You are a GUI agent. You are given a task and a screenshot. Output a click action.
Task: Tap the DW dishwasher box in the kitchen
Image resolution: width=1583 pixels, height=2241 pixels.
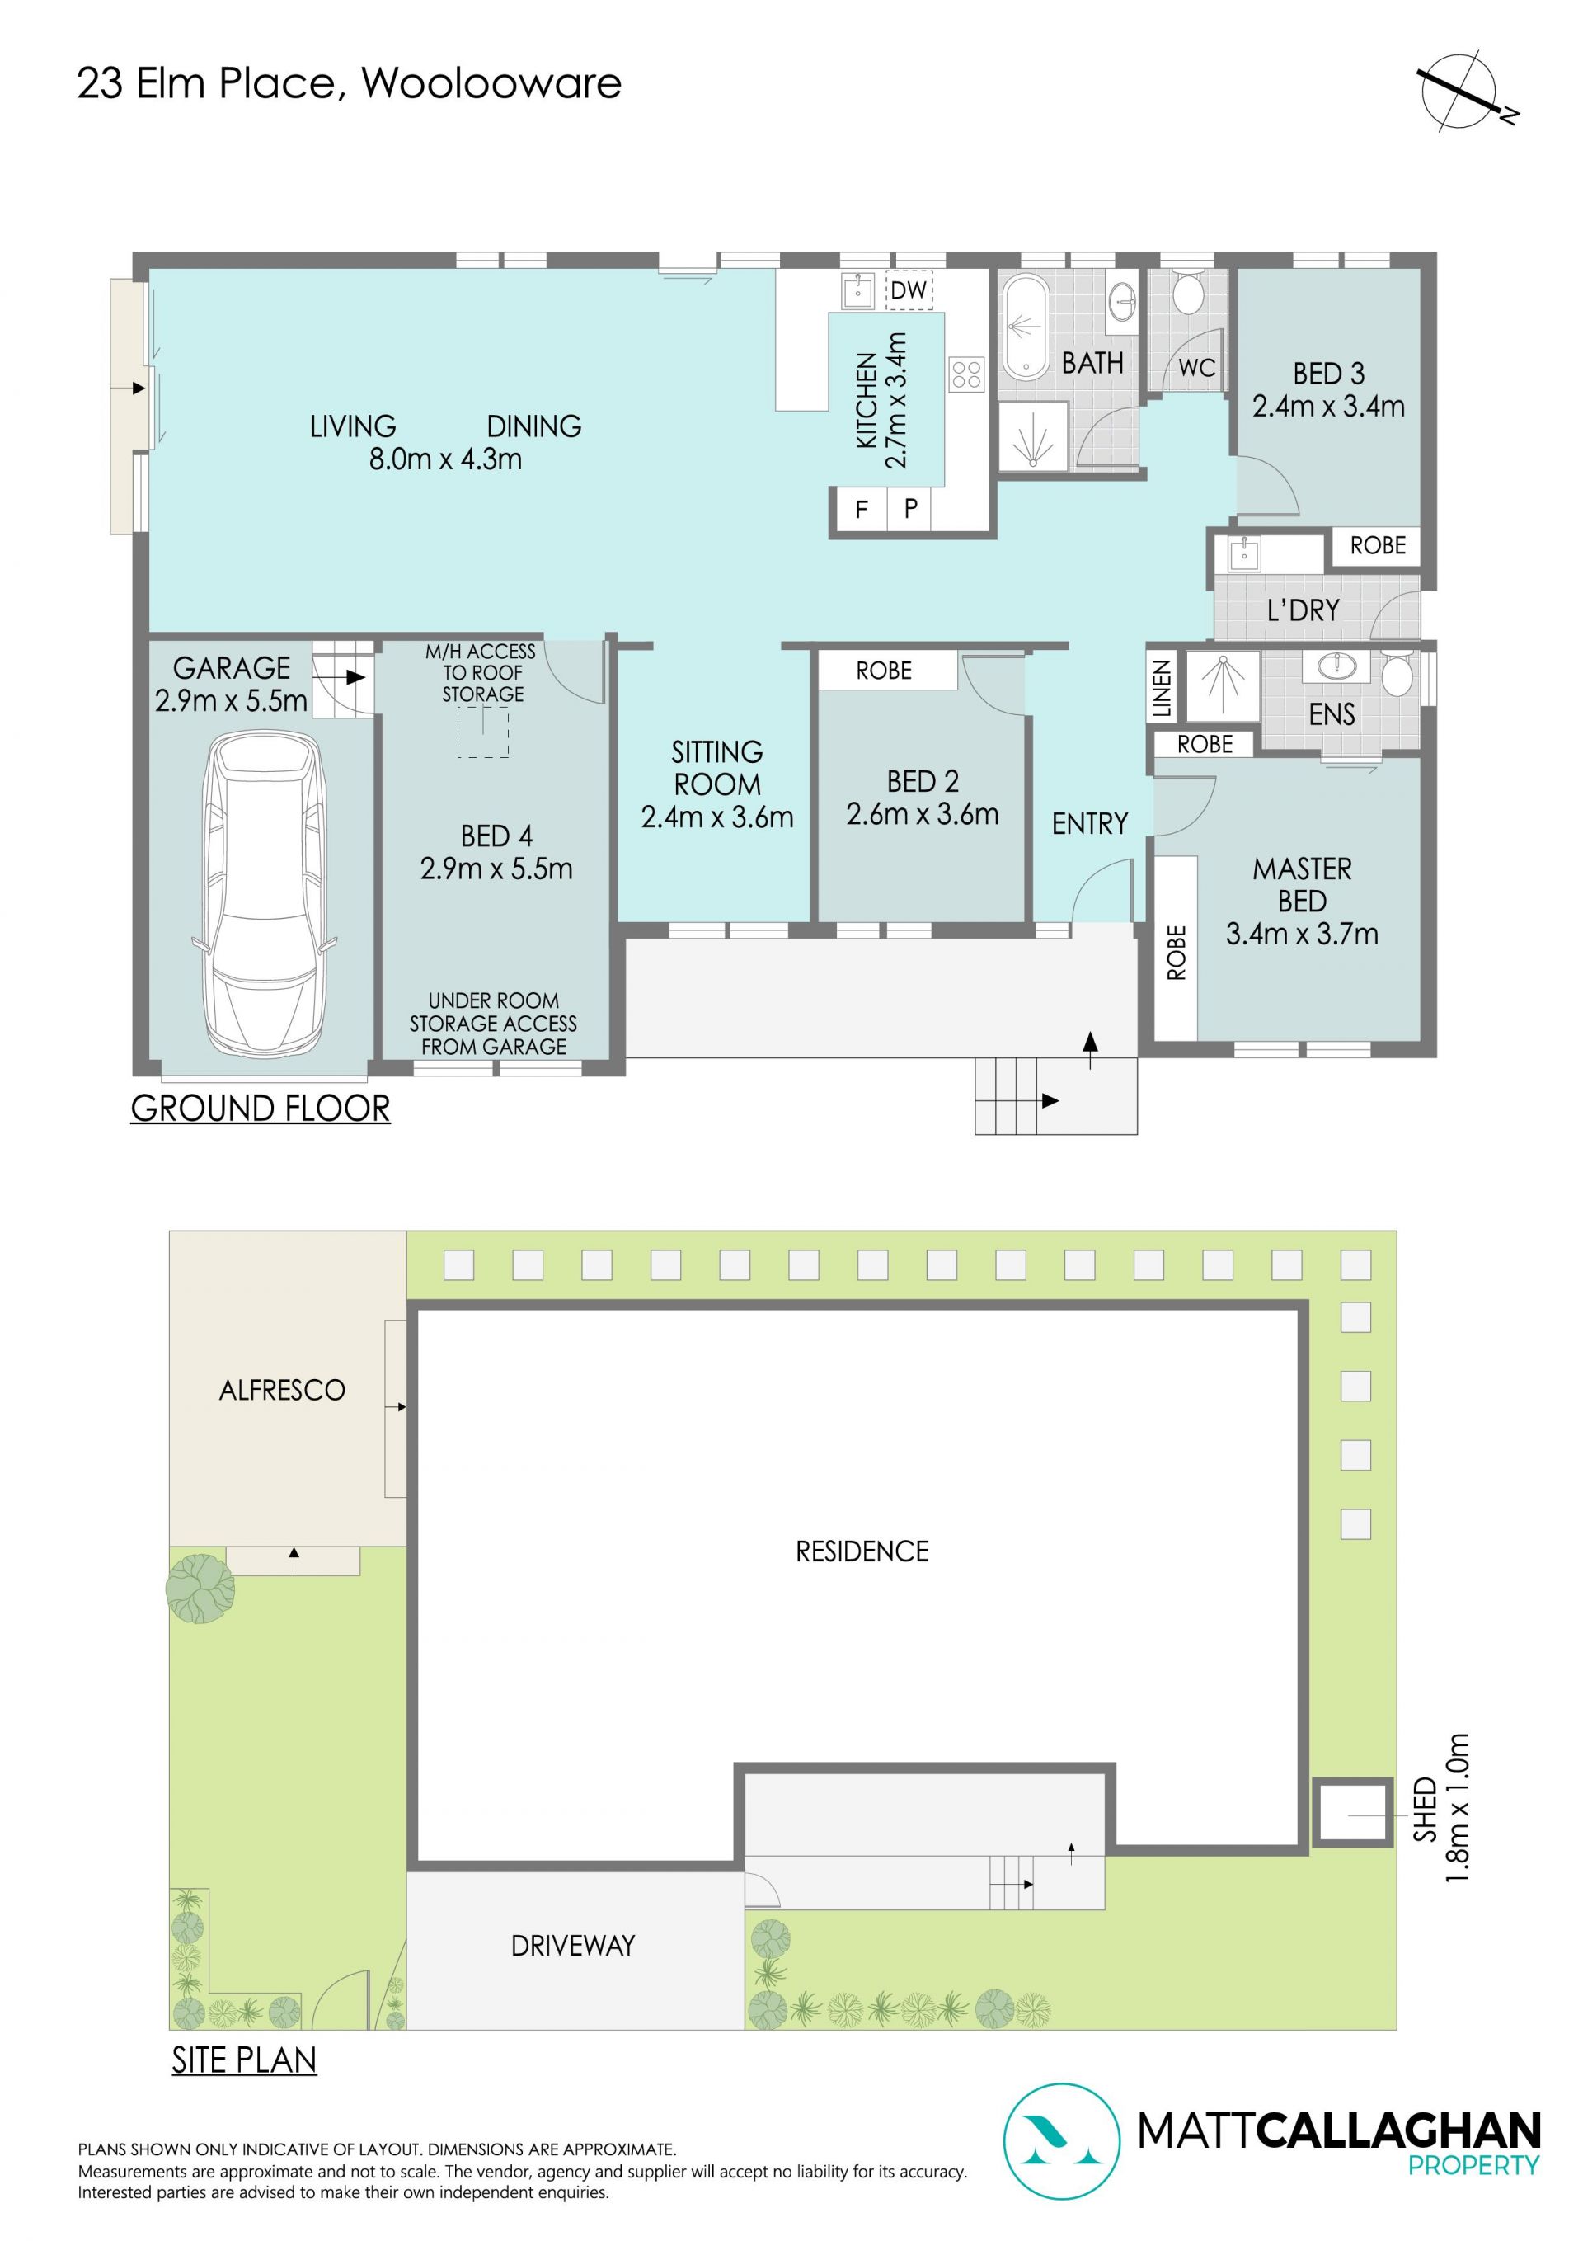tap(909, 290)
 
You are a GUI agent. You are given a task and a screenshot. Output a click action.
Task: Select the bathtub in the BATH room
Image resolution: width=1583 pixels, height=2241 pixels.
tap(1026, 328)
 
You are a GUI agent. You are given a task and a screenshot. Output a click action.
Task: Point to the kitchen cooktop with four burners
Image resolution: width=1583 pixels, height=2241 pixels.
tap(966, 374)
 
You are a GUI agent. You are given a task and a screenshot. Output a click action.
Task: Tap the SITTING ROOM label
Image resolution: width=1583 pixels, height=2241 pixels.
tap(717, 768)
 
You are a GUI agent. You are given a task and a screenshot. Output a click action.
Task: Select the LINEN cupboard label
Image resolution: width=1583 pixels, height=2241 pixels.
tap(1162, 688)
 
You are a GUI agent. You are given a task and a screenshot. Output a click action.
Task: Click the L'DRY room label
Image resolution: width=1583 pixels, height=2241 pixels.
tap(1303, 611)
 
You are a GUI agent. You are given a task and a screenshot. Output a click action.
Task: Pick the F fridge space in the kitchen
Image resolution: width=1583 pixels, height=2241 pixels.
tap(861, 509)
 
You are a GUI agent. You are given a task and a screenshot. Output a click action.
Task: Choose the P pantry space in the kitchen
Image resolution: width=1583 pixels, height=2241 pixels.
tap(910, 509)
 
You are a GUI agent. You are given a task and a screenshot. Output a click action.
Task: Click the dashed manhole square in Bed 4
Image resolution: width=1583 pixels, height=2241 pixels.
tap(483, 732)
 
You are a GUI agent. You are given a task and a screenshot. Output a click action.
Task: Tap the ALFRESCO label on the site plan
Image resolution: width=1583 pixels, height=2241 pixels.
tap(282, 1390)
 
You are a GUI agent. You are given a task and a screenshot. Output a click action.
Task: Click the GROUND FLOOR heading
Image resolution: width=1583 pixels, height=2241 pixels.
tap(261, 1109)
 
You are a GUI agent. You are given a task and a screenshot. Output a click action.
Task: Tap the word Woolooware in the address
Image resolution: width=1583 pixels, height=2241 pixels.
tap(492, 84)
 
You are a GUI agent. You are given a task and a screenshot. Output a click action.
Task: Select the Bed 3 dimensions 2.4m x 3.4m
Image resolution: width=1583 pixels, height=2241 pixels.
tap(1328, 406)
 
